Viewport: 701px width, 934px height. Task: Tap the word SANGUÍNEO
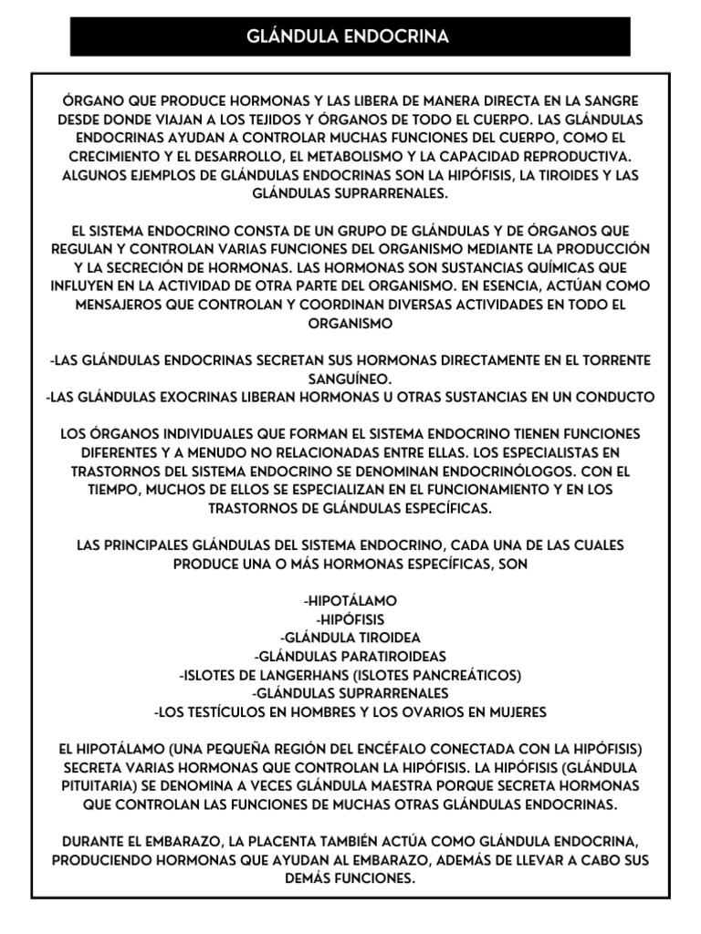coord(350,379)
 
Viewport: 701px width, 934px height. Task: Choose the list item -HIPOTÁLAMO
coord(350,601)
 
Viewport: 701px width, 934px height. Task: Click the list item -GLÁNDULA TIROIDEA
coord(350,638)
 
